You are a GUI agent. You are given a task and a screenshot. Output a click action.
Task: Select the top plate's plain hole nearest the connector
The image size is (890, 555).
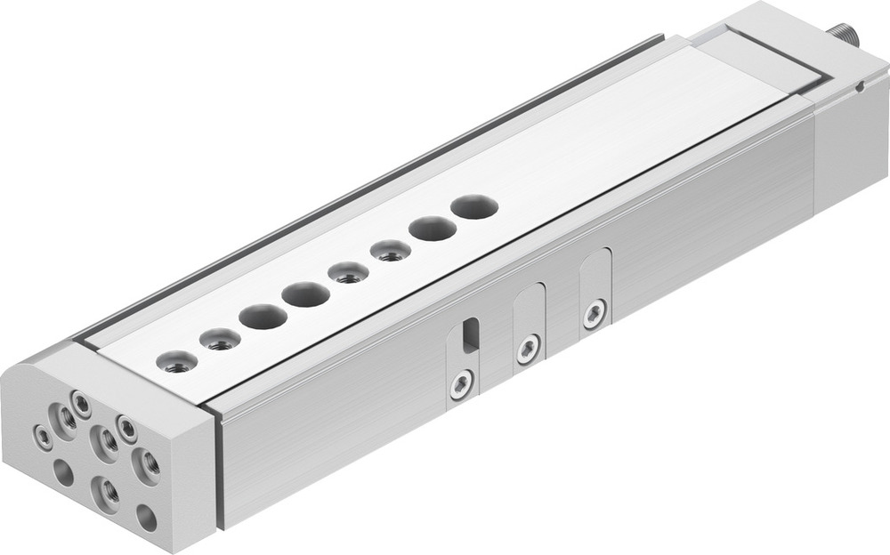(x=474, y=207)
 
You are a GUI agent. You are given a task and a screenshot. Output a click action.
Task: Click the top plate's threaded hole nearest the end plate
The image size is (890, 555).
(x=177, y=361)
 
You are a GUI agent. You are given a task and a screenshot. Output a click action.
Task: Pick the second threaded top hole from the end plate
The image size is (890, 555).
(x=220, y=339)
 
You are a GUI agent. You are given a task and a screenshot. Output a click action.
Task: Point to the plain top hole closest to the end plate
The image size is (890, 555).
(x=263, y=316)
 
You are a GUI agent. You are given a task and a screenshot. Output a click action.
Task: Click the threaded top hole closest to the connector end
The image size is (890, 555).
(x=391, y=251)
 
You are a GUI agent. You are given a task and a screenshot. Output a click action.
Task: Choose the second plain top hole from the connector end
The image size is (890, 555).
(x=433, y=229)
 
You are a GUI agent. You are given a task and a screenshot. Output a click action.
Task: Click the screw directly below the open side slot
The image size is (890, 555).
(x=461, y=384)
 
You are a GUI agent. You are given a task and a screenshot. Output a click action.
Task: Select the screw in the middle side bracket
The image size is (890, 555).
(x=528, y=348)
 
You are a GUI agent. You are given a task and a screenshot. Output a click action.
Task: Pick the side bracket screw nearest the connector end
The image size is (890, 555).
(x=594, y=312)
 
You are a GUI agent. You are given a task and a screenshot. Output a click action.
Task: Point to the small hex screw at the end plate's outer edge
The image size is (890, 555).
(x=42, y=436)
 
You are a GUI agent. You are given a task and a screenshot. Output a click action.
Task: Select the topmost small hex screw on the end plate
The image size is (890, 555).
(x=81, y=406)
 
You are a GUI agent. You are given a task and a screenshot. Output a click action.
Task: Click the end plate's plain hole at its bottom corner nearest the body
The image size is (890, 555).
(x=146, y=519)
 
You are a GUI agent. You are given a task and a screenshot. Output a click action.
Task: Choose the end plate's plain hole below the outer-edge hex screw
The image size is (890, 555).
(x=63, y=472)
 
